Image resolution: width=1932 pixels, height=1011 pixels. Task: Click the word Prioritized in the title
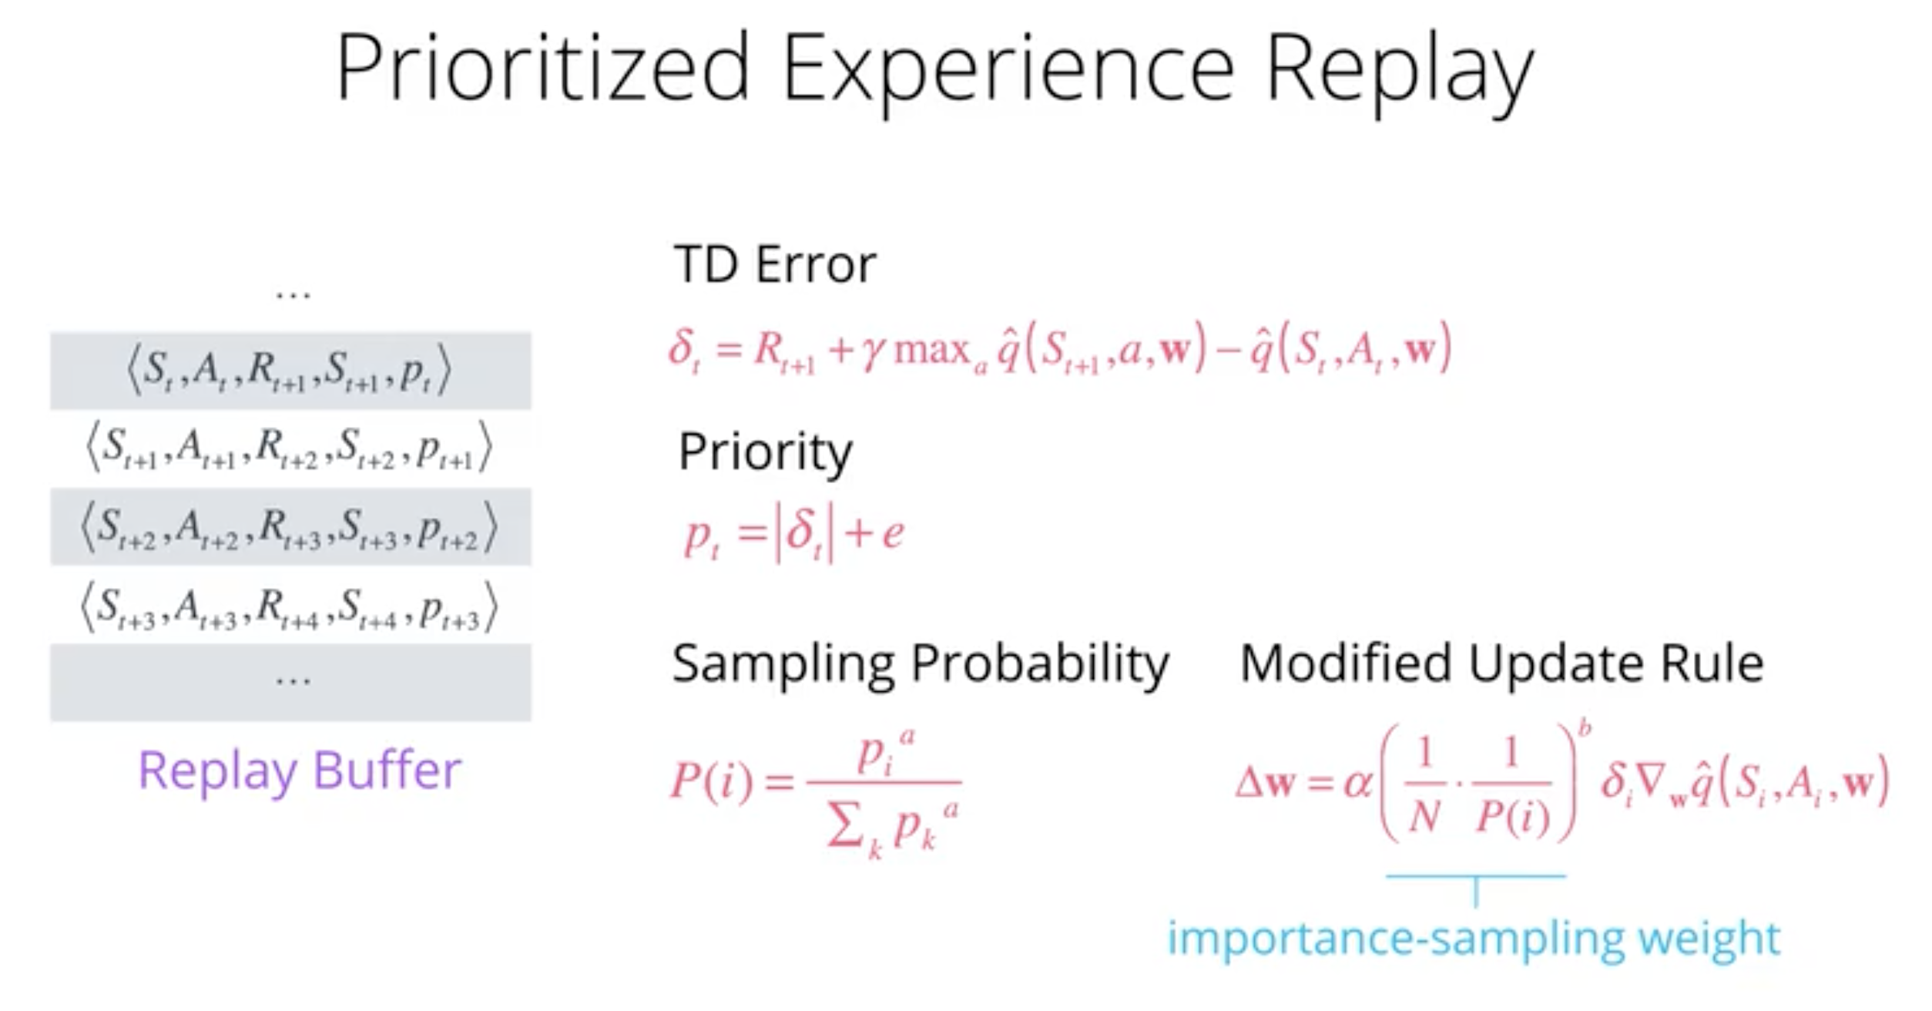(543, 68)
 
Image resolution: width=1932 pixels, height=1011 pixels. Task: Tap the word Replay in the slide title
(1400, 73)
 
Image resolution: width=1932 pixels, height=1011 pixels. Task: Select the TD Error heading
(775, 264)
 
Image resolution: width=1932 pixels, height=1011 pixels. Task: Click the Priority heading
(766, 453)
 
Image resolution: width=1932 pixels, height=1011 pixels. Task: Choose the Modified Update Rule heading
(1501, 664)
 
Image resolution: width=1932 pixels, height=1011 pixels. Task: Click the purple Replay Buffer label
(300, 771)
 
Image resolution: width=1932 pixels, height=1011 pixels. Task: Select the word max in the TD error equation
(932, 351)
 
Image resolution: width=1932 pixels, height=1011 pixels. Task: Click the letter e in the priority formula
(893, 533)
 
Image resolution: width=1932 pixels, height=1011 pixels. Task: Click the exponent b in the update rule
(1585, 727)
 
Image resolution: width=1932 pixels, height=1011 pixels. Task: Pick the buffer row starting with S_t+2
(290, 527)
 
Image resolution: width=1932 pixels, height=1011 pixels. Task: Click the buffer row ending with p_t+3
(290, 607)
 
